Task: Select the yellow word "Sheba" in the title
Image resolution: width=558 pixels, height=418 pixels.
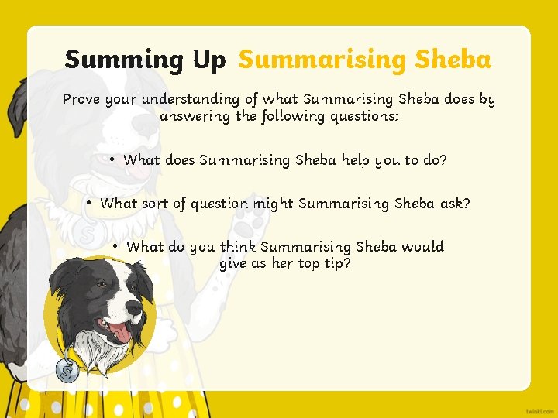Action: coord(453,59)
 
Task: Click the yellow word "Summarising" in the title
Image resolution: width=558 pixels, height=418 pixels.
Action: coord(323,60)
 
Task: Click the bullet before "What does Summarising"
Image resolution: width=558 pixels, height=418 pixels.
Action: coord(112,160)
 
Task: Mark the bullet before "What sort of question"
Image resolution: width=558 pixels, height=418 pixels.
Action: coord(90,204)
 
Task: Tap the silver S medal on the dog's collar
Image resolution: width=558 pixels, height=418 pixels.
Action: coord(67,371)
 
